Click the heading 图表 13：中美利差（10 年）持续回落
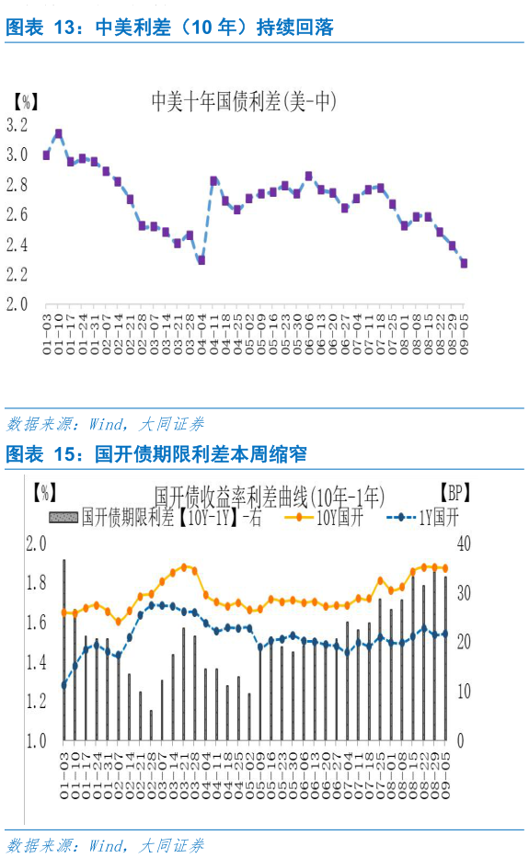tap(169, 29)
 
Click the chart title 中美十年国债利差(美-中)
tap(243, 101)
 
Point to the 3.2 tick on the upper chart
tap(17, 125)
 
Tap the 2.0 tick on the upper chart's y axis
tap(17, 304)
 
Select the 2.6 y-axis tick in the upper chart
tap(17, 215)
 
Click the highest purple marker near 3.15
tap(59, 133)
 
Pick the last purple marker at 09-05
tap(464, 263)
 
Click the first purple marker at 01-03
tap(47, 155)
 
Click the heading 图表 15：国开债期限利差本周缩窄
tap(156, 454)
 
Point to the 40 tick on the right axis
tap(464, 543)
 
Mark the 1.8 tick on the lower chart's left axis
tap(36, 583)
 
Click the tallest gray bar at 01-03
tap(63, 649)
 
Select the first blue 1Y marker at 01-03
tap(63, 685)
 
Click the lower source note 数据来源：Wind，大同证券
tap(105, 845)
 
